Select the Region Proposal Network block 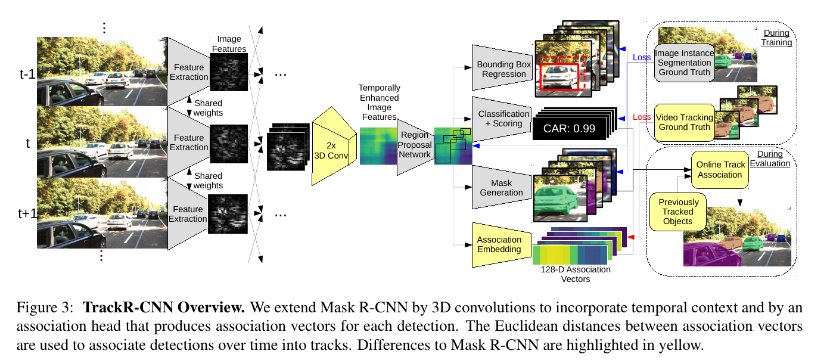click(415, 145)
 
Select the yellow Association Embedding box click(499, 244)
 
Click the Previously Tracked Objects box click(678, 212)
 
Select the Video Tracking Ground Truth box click(684, 122)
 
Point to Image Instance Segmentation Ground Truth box click(683, 63)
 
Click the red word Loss click(642, 117)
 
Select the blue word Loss click(642, 58)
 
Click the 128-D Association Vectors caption click(576, 274)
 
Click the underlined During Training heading click(776, 38)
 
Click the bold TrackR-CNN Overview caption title click(164, 308)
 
